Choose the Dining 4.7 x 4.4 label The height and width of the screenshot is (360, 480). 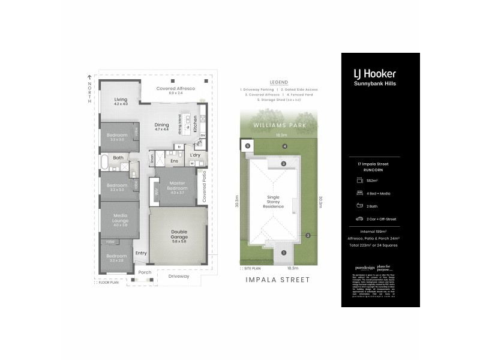click(162, 126)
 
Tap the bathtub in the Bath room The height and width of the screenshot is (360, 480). click(106, 161)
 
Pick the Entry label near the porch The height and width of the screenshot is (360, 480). click(141, 253)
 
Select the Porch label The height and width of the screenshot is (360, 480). click(145, 272)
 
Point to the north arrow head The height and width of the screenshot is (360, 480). click(89, 76)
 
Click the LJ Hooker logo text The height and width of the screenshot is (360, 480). click(380, 74)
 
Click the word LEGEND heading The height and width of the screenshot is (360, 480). click(279, 82)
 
